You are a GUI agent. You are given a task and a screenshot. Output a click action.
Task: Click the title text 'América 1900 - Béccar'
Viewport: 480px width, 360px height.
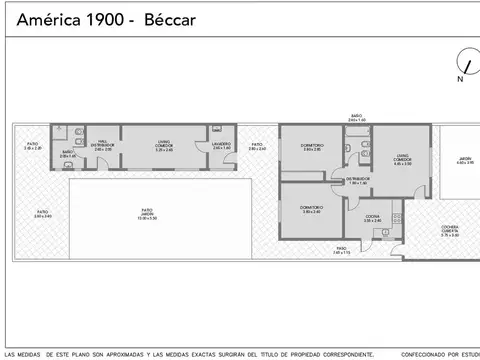[x=86, y=20]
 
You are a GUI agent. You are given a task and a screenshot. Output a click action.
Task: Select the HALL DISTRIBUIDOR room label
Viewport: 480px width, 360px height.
[x=103, y=145]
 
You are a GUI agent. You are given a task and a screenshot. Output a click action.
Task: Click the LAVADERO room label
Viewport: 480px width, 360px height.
[x=221, y=146]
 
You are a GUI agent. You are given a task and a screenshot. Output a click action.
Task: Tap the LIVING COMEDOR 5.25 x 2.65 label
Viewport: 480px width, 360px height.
[x=163, y=146]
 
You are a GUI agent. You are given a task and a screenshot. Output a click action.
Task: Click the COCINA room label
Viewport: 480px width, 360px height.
[x=371, y=218]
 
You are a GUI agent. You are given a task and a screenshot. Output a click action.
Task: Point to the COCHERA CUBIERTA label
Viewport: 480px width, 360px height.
[x=449, y=231]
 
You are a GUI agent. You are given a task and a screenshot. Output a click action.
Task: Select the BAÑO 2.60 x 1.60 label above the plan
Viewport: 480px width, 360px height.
[x=357, y=118]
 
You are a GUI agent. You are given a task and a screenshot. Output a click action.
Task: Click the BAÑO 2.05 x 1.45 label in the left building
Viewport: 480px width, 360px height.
[x=68, y=154]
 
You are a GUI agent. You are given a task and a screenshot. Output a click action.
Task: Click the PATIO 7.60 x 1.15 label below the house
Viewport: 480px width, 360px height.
[x=341, y=250]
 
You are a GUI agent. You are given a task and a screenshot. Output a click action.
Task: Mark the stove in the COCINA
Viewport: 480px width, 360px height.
[x=395, y=216]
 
